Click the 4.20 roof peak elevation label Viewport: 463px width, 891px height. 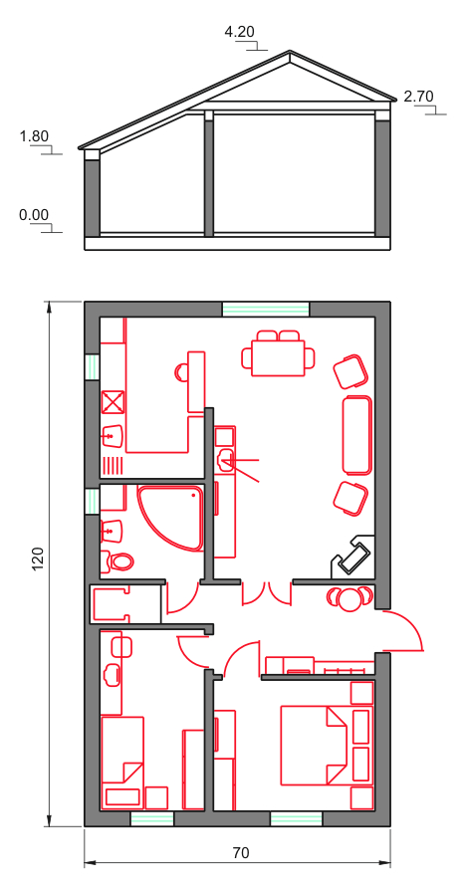(239, 32)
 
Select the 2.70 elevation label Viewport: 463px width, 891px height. (418, 96)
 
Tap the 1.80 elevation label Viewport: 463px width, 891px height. (34, 136)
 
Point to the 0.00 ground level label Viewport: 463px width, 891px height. (34, 215)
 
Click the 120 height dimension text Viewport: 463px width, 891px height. (38, 559)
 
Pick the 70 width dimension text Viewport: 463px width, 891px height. (241, 852)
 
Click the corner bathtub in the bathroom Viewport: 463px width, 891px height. (170, 517)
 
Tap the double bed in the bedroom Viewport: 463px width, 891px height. (315, 745)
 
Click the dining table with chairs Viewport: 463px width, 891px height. (279, 353)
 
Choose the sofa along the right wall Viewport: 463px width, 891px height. (357, 435)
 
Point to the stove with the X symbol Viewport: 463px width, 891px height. (113, 402)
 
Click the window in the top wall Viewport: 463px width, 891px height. (265, 310)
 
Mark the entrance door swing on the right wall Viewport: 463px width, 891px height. (403, 630)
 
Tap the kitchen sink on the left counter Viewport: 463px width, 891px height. (113, 436)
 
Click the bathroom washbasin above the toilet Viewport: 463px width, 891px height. (113, 530)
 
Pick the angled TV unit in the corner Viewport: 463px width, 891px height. (352, 556)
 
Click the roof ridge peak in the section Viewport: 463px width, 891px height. (290, 51)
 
